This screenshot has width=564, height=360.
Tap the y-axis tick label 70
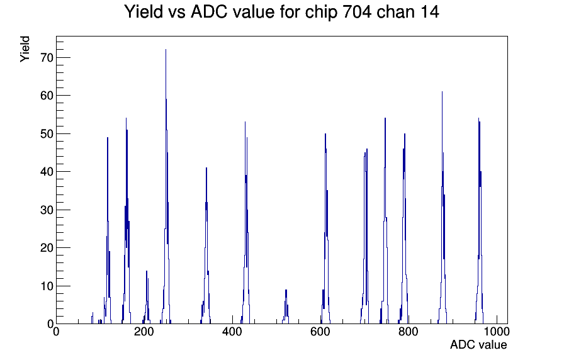[47, 57]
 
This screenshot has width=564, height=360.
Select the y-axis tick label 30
[47, 210]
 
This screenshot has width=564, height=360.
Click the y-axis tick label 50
[47, 134]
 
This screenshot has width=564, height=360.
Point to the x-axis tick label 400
[232, 332]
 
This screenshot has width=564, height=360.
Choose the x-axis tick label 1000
[497, 332]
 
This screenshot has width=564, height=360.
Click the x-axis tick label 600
[320, 332]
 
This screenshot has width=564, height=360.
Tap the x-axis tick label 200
[144, 332]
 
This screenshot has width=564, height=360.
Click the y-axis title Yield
[25, 49]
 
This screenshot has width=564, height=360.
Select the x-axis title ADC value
[478, 345]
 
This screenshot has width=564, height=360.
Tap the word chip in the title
[321, 13]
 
